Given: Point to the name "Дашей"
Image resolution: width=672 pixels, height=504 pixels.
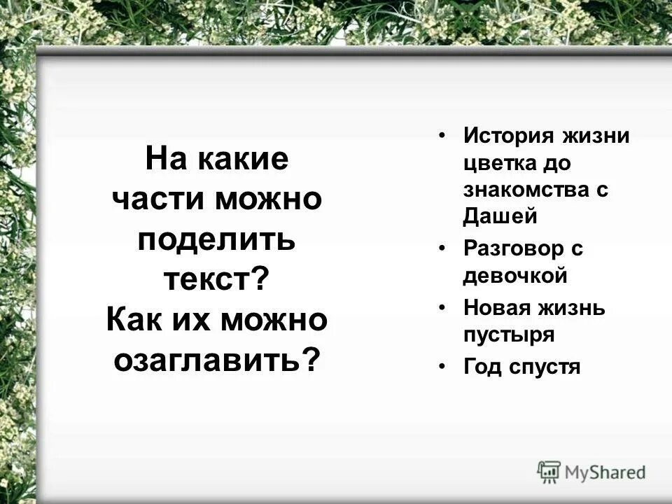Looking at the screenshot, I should coord(500,217).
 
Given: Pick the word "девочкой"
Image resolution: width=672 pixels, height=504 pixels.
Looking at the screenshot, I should coord(514,276).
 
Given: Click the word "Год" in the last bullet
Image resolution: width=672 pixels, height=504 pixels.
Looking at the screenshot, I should coord(479,366).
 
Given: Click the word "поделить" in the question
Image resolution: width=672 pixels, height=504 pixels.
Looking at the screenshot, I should coord(216,240).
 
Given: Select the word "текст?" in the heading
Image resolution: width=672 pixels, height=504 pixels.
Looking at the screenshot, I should coord(216,280).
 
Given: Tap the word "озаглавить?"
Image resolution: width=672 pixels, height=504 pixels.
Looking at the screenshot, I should coord(216,360).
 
